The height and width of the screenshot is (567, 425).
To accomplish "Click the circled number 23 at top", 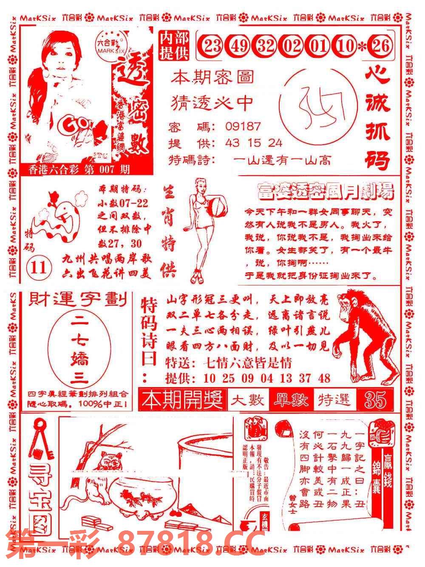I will (212, 45).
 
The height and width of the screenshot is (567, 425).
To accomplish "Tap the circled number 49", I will (239, 45).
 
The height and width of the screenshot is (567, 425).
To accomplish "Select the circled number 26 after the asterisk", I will (380, 45).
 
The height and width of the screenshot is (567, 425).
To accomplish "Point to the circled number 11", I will (39, 268).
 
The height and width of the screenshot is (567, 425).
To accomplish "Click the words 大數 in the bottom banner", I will (248, 400).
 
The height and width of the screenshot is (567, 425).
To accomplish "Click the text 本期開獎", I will (183, 400).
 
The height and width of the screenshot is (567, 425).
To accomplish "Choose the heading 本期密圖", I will (212, 77).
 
